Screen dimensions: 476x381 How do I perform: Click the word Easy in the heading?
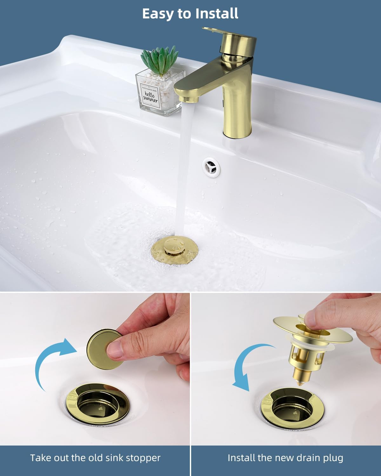pos(158,14)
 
